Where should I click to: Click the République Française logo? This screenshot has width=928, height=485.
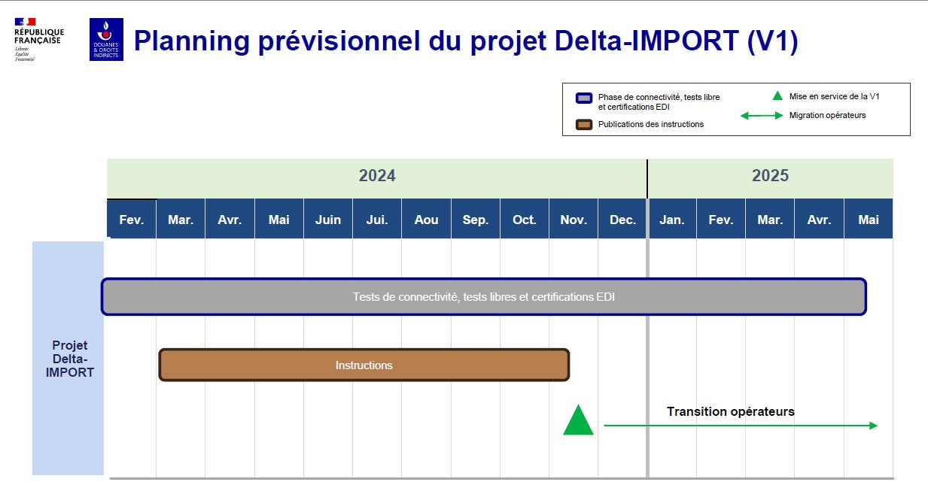[38, 39]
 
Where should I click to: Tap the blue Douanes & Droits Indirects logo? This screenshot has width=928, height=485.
[106, 40]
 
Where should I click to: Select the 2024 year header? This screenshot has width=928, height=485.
[376, 176]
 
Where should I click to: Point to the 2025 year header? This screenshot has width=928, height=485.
[770, 176]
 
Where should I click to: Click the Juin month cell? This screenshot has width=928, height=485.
[328, 220]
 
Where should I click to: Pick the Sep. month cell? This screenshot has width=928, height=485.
[475, 220]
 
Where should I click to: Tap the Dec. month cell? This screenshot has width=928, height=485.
[622, 220]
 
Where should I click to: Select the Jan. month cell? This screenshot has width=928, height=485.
[672, 220]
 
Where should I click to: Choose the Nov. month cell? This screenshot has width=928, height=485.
[574, 220]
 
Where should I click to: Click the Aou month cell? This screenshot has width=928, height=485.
[426, 220]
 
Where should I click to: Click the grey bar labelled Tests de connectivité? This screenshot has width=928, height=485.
[484, 297]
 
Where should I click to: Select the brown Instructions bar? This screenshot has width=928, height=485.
[364, 365]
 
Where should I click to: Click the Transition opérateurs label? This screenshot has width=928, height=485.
[730, 411]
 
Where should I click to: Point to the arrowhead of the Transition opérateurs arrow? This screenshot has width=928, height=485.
[874, 426]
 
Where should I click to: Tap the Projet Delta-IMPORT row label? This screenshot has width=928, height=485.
[69, 359]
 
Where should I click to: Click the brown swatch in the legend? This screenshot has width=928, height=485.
[583, 124]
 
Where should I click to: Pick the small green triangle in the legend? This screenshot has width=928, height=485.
[777, 96]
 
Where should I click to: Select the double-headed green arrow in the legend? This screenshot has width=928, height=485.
[762, 116]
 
